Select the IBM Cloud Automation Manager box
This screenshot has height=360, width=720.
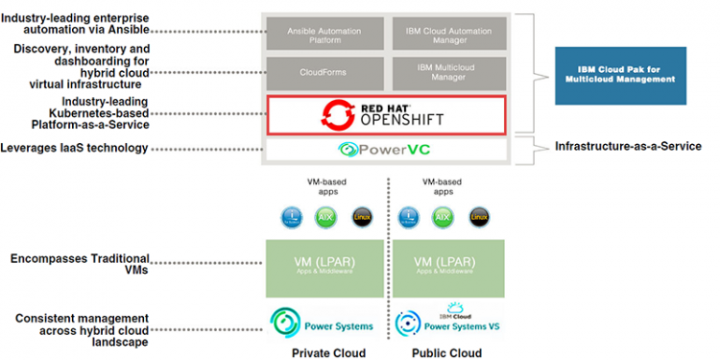pyautogui.click(x=447, y=34)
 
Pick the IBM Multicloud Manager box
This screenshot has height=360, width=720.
pyautogui.click(x=447, y=73)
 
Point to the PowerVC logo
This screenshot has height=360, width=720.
pyautogui.click(x=384, y=149)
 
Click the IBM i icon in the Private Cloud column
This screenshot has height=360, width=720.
pyautogui.click(x=292, y=217)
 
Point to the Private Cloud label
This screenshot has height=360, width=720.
pyautogui.click(x=328, y=352)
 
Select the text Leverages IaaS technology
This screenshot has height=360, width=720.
pyautogui.click(x=76, y=148)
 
